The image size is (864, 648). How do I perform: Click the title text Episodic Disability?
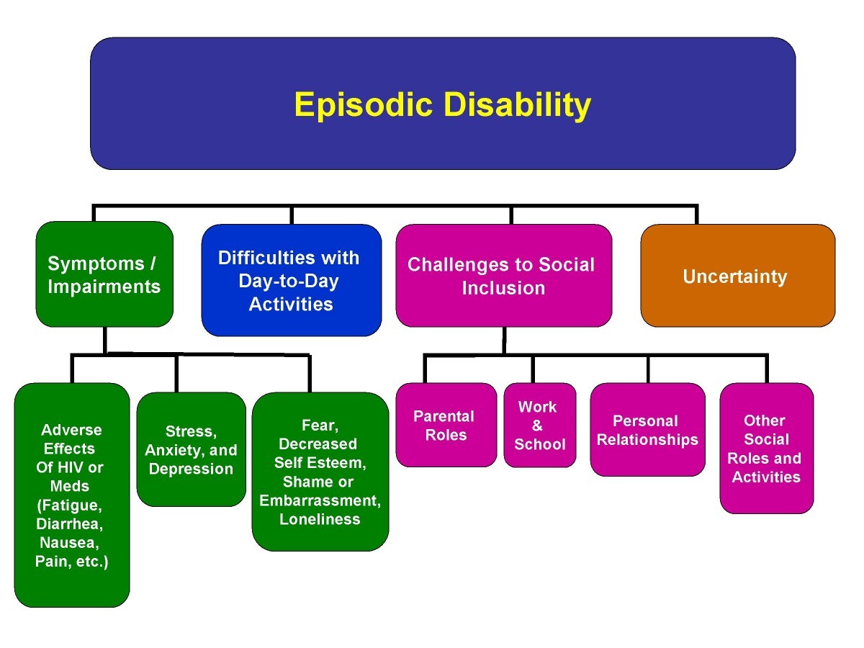coord(442,105)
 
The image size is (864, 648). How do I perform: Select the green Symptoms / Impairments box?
coord(104,274)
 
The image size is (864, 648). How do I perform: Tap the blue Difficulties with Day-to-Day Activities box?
coord(291,281)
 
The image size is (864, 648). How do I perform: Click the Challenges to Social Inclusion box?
coord(503,276)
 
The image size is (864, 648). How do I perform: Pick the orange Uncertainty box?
coord(737,276)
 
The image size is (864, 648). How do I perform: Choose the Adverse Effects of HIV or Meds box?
coord(72,495)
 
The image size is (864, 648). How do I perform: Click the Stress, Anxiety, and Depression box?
coord(191,449)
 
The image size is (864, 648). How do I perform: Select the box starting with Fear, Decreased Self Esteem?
coord(320,472)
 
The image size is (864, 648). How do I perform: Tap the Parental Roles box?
coord(446,425)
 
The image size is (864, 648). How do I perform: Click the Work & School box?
coord(539,425)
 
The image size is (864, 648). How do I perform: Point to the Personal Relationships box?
coord(647,430)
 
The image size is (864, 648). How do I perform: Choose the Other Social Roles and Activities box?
coord(766,448)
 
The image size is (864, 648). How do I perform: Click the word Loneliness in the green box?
coord(320,519)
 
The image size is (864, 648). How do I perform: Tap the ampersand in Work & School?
coord(538,426)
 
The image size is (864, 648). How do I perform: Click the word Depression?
coord(190,469)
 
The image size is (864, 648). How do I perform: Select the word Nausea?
coord(70,542)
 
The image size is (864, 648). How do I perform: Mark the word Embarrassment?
coord(320,500)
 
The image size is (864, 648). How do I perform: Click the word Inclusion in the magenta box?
coord(503,289)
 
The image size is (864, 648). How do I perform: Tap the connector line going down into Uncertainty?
coord(696,215)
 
